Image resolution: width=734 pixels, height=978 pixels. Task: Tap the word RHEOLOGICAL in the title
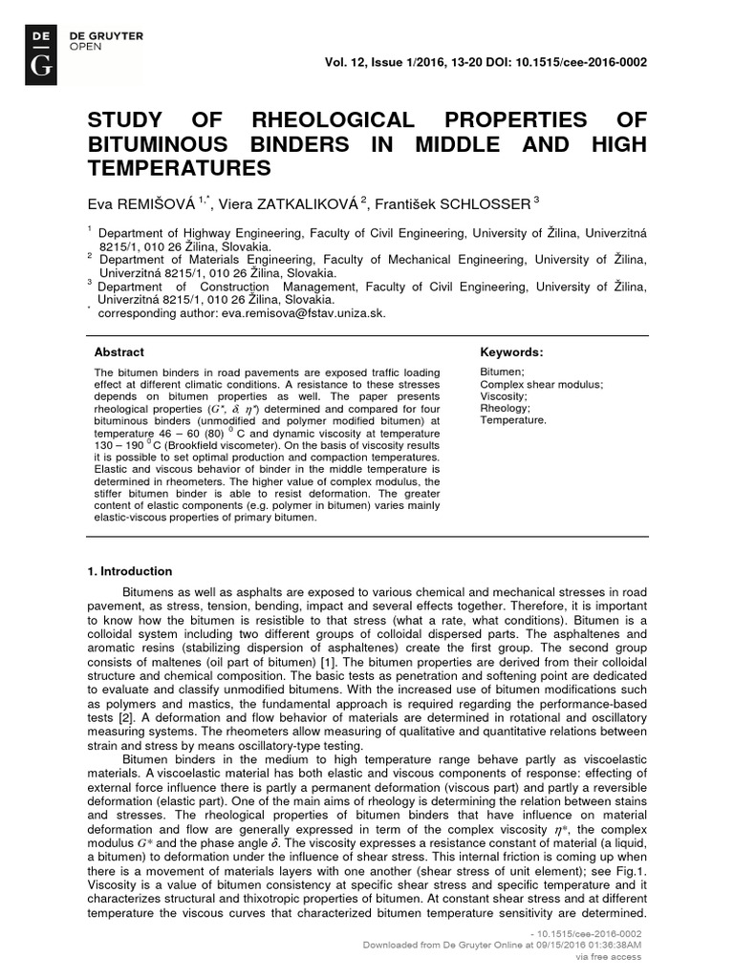click(332, 120)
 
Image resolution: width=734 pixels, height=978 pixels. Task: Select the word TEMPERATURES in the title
click(180, 168)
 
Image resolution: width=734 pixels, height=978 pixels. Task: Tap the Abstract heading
click(119, 351)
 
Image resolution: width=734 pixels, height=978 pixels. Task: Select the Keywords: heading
click(511, 351)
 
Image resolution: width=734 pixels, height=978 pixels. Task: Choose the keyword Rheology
click(504, 408)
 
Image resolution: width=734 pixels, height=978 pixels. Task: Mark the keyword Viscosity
click(503, 395)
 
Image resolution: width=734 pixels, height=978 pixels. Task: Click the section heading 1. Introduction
click(130, 571)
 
